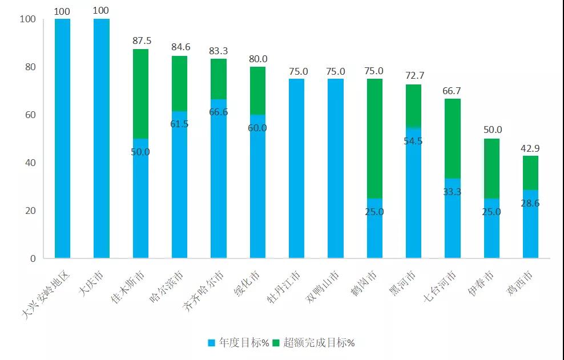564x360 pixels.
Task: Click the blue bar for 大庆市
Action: [x=101, y=139]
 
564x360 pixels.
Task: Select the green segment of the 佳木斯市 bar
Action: [x=140, y=94]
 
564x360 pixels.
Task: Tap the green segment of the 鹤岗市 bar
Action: [x=374, y=138]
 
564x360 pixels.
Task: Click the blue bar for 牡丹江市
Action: [x=296, y=168]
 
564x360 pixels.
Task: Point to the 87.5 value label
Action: [x=140, y=41]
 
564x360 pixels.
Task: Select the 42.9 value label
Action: [x=530, y=148]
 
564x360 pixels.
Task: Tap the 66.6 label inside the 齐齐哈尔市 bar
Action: [x=219, y=112]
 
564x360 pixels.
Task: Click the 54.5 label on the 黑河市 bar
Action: [x=413, y=141]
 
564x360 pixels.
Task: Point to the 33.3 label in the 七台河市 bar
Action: [x=453, y=192]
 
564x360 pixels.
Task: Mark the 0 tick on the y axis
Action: [x=33, y=258]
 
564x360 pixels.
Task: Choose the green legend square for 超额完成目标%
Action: [x=276, y=343]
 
